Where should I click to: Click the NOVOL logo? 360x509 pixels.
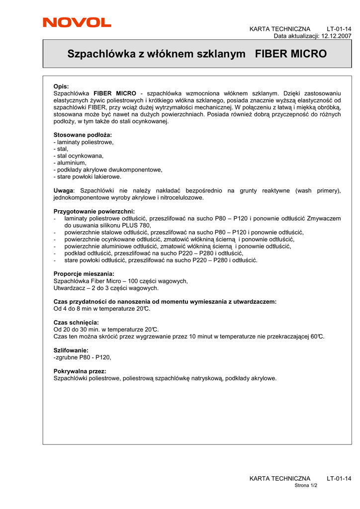click(x=77, y=22)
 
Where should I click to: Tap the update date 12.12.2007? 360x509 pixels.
click(x=337, y=36)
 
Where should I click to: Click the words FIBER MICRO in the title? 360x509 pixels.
click(x=291, y=54)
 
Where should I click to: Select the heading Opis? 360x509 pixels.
click(x=61, y=86)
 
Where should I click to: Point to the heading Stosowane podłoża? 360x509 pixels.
click(x=83, y=135)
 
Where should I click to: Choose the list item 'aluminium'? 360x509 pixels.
click(x=71, y=163)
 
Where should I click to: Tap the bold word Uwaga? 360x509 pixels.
click(x=63, y=190)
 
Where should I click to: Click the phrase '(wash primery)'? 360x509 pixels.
click(x=318, y=190)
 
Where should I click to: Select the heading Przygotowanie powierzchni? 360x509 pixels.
click(x=94, y=211)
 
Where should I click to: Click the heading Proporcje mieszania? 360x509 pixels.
click(x=84, y=274)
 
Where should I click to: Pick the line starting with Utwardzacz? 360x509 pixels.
click(x=106, y=288)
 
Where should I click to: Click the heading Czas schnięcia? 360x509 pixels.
click(x=76, y=323)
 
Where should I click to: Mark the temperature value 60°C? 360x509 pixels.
click(x=317, y=337)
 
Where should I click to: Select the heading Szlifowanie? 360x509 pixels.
click(x=71, y=350)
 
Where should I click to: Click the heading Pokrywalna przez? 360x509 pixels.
click(x=80, y=371)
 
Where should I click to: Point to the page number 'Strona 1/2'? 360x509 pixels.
click(x=306, y=485)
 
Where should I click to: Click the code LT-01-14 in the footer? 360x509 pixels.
click(x=339, y=478)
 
